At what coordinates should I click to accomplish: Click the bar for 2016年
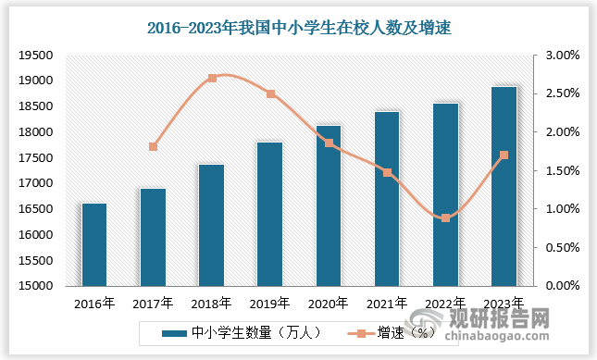coord(94,244)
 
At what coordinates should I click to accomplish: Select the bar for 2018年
coord(212,225)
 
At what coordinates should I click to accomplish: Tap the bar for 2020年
coord(329,205)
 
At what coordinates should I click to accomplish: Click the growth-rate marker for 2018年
coord(212,78)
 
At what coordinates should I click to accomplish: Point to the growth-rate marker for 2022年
coord(445,218)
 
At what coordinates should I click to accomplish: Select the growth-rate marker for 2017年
coord(154,147)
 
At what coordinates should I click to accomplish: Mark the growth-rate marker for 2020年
coord(329,143)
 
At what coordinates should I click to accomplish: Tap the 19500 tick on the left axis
coord(33,56)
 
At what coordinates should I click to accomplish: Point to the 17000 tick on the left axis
coord(33,183)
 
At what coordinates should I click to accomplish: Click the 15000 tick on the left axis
coord(33,286)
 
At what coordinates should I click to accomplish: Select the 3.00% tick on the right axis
coord(563,56)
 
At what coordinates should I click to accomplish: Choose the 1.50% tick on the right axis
coord(563,171)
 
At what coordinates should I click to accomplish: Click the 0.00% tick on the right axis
coord(563,286)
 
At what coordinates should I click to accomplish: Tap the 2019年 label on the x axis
coord(270,303)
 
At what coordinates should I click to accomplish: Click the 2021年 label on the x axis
coord(387,303)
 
